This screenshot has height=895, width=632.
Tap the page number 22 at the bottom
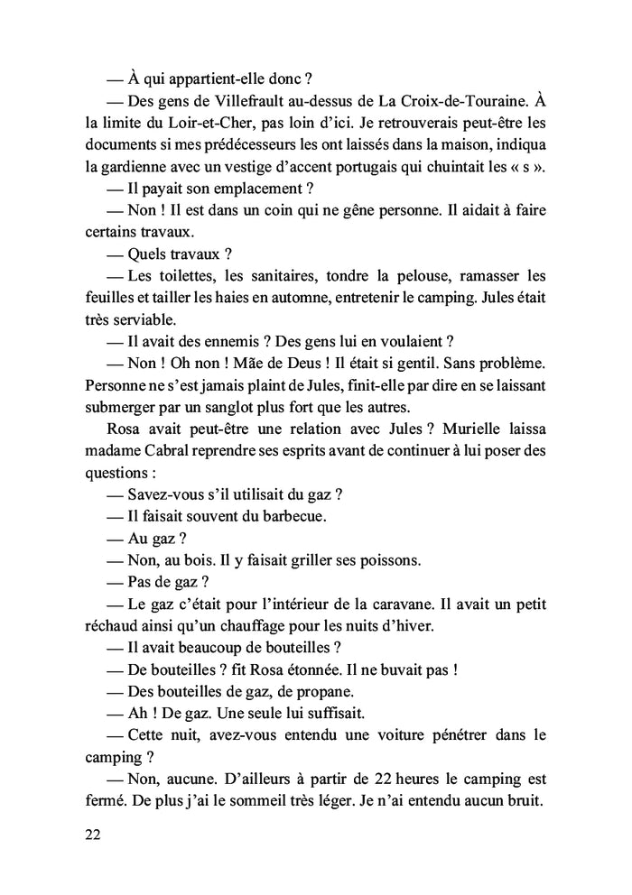point(90,835)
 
